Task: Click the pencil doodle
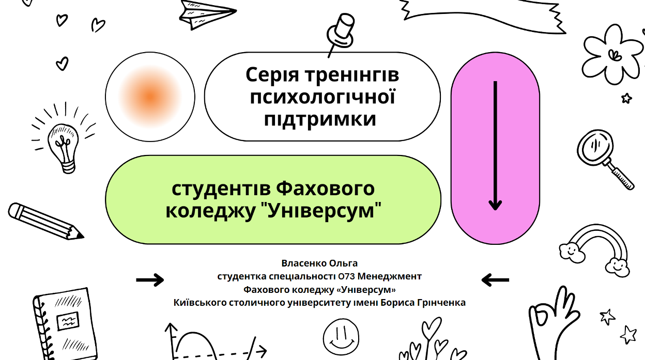pyautogui.click(x=45, y=221)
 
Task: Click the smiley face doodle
pyautogui.click(x=341, y=335)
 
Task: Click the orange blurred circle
pyautogui.click(x=150, y=97)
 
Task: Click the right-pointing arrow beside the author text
pyautogui.click(x=150, y=280)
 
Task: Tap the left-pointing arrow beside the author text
pyautogui.click(x=495, y=280)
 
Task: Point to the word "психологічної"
pyautogui.click(x=323, y=97)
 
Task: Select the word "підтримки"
pyautogui.click(x=320, y=119)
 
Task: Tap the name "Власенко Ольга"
pyautogui.click(x=319, y=263)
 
